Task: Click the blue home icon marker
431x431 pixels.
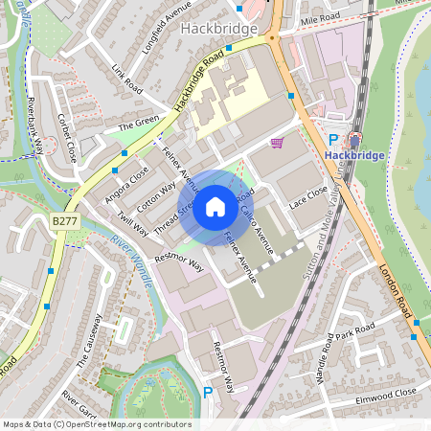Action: point(215,207)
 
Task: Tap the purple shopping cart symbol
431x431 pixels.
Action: point(277,142)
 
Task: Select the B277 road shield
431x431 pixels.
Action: point(64,221)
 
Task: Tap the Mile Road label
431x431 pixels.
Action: point(320,18)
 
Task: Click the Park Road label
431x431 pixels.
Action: point(354,331)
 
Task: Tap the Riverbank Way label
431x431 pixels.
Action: point(37,125)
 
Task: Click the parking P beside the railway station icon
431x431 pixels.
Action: point(333,140)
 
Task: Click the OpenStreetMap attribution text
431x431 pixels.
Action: point(97,424)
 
